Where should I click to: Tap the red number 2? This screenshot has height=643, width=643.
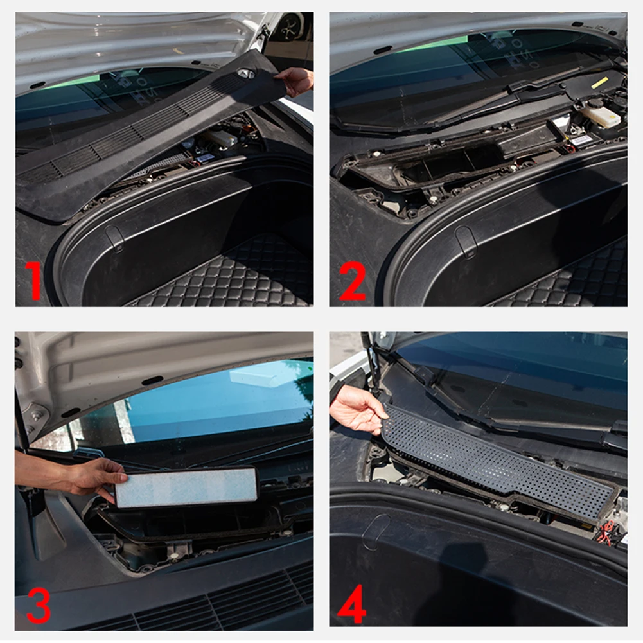pyautogui.click(x=353, y=280)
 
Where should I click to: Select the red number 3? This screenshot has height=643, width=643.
pyautogui.click(x=39, y=605)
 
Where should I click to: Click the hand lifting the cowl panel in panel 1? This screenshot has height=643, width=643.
pyautogui.click(x=295, y=80)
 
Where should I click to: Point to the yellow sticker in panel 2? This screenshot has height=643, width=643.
pyautogui.click(x=599, y=83)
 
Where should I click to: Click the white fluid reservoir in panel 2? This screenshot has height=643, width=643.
pyautogui.click(x=600, y=116)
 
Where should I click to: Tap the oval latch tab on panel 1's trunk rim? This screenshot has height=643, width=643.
pyautogui.click(x=114, y=237)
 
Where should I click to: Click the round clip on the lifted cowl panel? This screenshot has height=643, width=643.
pyautogui.click(x=246, y=74)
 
